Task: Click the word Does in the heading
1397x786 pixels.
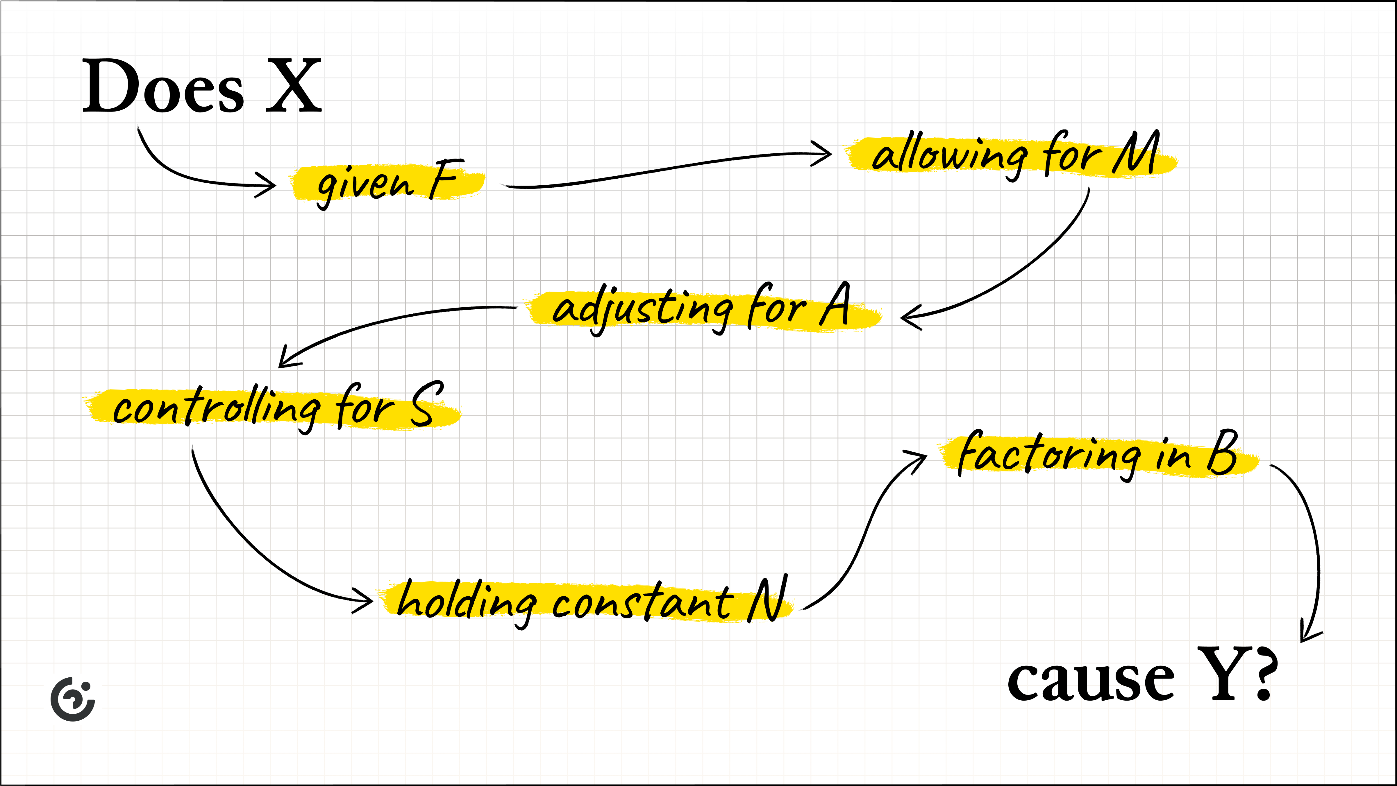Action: point(163,87)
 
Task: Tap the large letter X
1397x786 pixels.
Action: point(294,87)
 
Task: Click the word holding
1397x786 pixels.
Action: point(466,602)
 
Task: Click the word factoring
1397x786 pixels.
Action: point(1049,455)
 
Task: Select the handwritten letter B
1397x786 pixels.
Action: point(1223,453)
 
